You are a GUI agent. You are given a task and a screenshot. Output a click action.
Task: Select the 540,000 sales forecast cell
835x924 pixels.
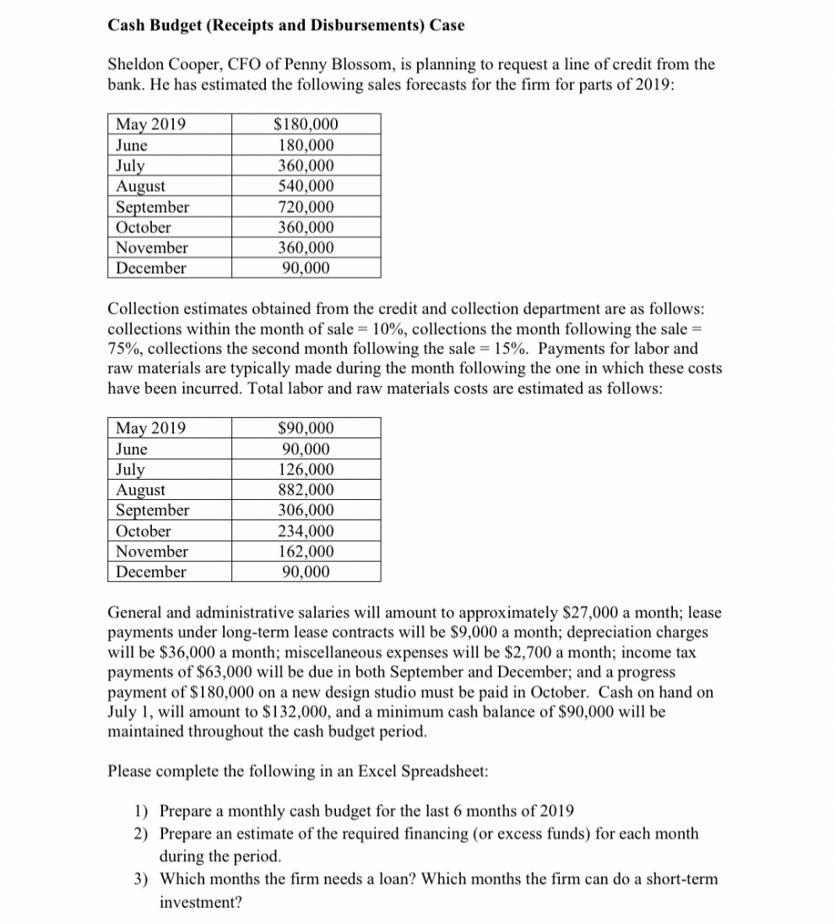pos(306,186)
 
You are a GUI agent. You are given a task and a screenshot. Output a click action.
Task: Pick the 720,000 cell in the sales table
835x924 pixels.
pos(306,207)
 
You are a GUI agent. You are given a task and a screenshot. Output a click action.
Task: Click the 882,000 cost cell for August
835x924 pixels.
pos(306,490)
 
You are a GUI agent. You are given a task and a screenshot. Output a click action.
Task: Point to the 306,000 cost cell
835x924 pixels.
pos(306,510)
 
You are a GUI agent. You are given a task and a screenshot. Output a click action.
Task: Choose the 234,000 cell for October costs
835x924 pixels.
pos(306,531)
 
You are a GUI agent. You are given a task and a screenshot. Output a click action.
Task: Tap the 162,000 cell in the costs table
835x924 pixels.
pos(306,552)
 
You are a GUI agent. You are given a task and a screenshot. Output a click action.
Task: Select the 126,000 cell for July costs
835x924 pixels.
pos(306,470)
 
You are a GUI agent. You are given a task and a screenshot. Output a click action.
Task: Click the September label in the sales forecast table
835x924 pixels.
pos(153,207)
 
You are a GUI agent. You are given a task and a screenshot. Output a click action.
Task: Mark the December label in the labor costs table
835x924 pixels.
pos(151,572)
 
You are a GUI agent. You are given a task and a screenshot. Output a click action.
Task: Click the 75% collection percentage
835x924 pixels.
pos(124,349)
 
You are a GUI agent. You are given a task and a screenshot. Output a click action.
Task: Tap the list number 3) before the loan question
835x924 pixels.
pos(143,879)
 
